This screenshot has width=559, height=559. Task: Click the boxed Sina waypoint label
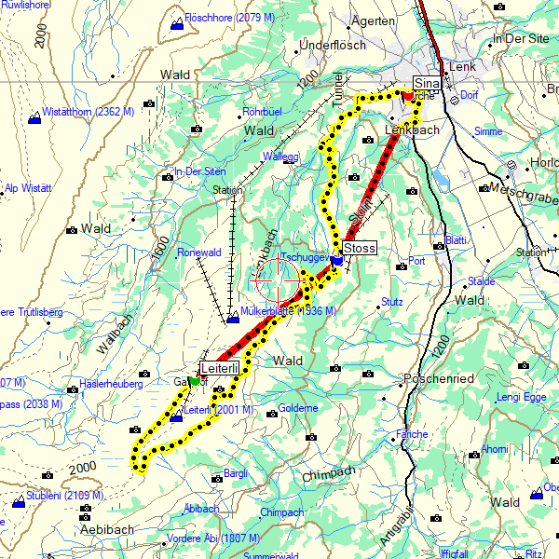[426, 84]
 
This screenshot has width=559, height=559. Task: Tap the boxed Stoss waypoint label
[360, 248]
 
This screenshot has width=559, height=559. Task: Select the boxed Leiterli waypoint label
[222, 369]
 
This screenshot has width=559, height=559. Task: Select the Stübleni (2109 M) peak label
[64, 495]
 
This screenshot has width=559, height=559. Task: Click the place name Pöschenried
[439, 379]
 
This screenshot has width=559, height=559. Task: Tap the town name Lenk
[462, 67]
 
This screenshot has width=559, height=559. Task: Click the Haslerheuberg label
[111, 383]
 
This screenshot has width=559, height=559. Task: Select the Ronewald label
[198, 252]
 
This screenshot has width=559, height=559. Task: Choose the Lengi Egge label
[521, 397]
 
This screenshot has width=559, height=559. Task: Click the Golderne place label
[298, 407]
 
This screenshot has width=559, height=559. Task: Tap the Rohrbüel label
[261, 112]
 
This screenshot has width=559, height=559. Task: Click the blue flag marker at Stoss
[335, 261]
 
